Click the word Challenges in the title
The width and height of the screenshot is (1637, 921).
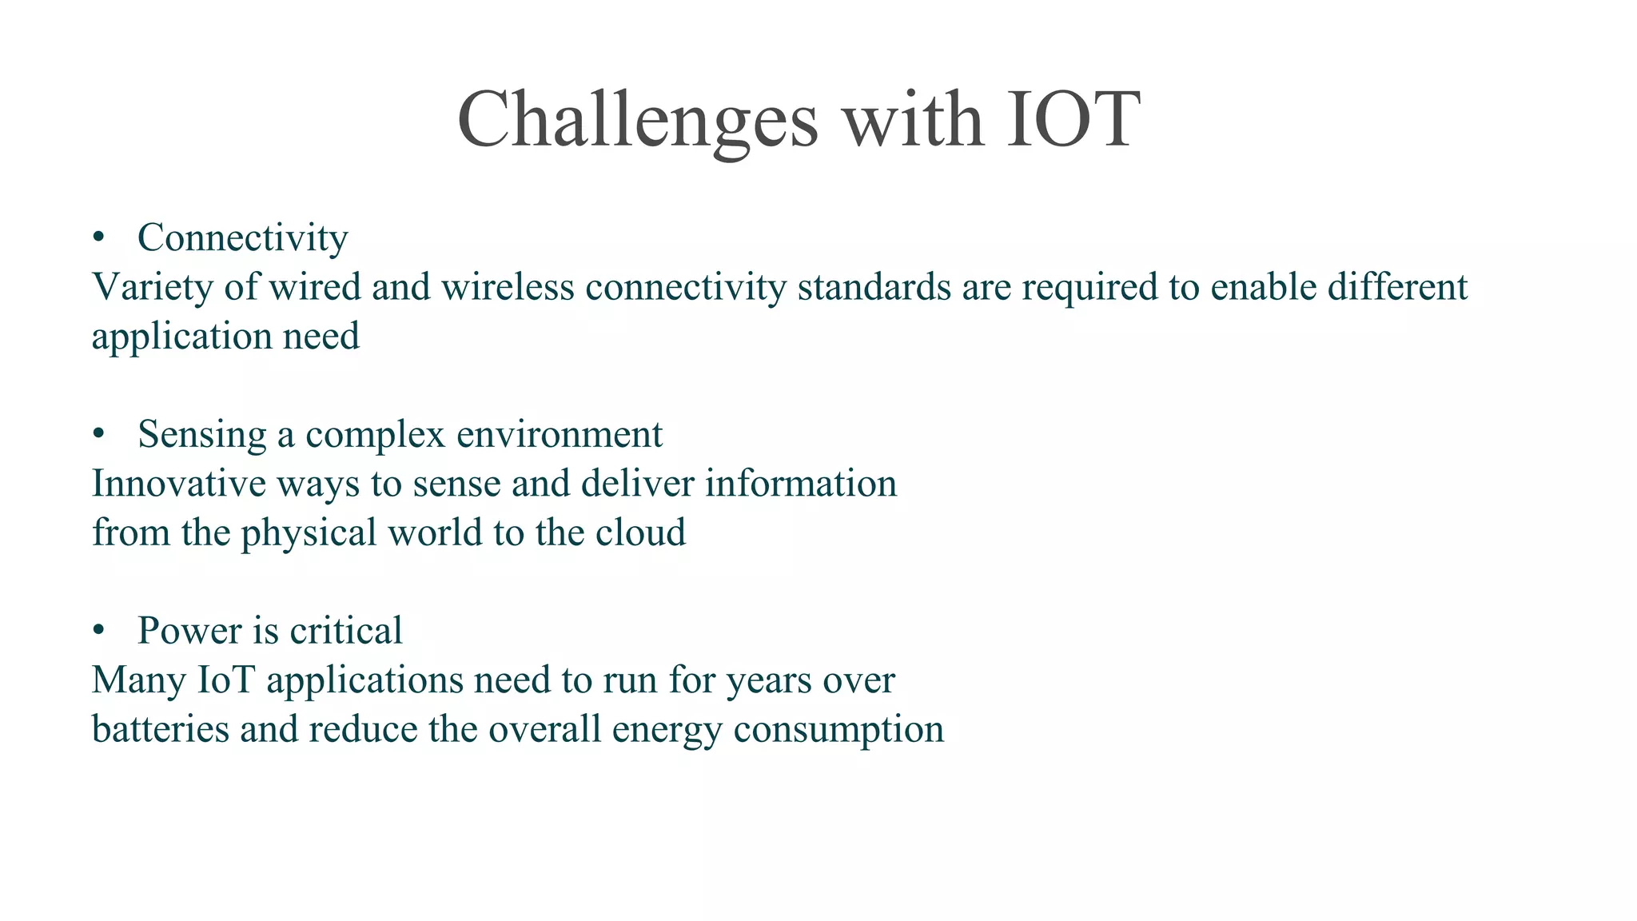[638, 120]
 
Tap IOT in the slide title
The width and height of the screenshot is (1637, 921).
[1072, 120]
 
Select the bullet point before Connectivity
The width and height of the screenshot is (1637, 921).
[98, 237]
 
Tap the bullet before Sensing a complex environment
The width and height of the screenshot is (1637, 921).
[98, 434]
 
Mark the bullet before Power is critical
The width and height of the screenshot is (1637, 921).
[98, 631]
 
